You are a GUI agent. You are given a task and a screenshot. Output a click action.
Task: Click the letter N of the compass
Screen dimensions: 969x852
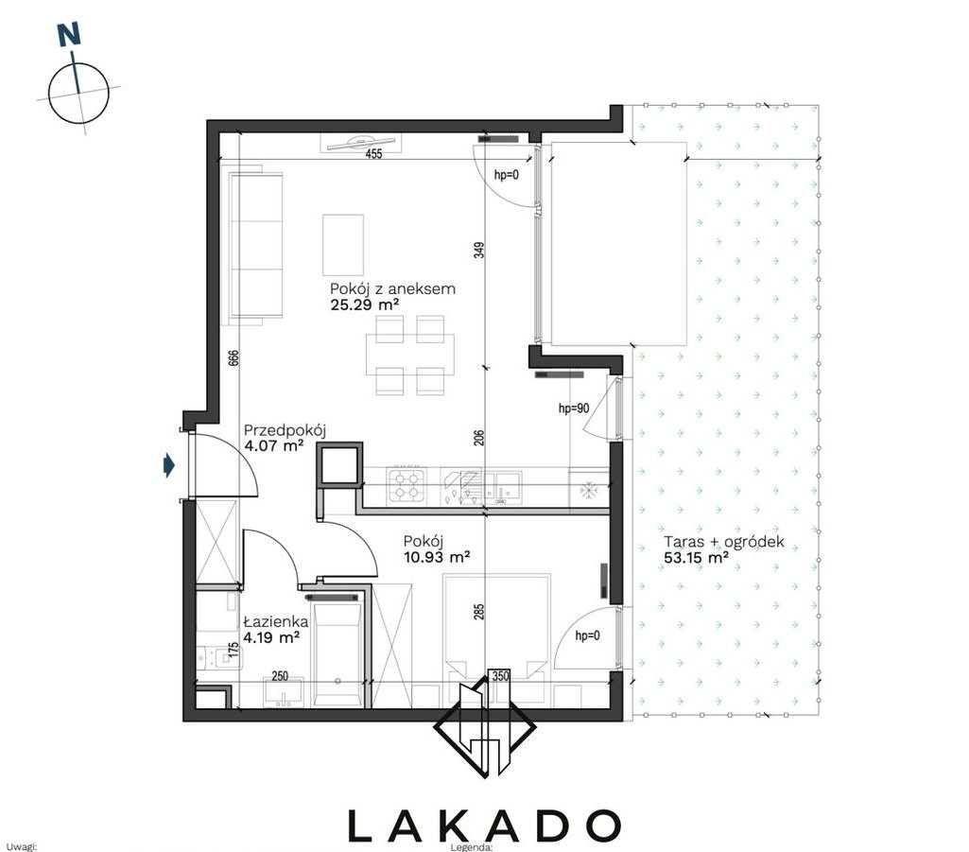[69, 35]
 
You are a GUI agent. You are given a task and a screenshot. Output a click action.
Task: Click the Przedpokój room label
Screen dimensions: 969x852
[285, 430]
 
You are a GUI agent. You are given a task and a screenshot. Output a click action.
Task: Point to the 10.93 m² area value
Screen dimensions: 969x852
[437, 557]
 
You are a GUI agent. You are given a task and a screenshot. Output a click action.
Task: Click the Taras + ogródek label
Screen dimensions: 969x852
[723, 542]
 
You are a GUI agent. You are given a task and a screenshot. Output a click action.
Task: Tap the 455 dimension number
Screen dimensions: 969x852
[373, 154]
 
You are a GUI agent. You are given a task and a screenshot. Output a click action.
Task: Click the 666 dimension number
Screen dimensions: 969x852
[234, 360]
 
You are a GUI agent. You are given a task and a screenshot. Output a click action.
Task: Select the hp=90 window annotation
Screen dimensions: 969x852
[574, 409]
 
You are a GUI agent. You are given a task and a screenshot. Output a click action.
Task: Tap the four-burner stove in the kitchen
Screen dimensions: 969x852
[406, 485]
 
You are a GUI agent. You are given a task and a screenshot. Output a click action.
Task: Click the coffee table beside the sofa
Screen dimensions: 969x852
[343, 245]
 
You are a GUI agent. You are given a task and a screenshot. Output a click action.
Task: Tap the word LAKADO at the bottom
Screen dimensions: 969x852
[484, 826]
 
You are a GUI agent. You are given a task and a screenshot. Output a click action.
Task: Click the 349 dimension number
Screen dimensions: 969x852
[479, 250]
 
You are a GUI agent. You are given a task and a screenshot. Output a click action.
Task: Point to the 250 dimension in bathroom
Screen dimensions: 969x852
[280, 676]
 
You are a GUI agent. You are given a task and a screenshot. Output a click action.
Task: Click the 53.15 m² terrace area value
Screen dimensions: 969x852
[696, 558]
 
